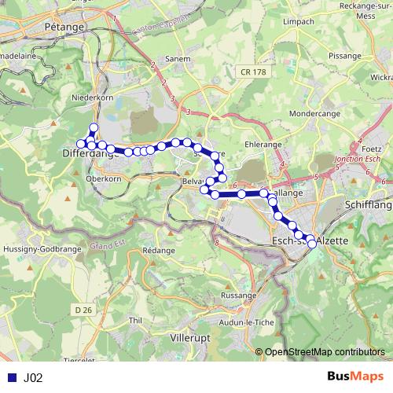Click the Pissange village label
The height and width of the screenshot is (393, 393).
(323, 57)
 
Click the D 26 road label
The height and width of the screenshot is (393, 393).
(84, 311)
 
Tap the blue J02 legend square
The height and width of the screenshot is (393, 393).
(12, 378)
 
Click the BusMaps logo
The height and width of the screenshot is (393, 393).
(354, 377)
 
